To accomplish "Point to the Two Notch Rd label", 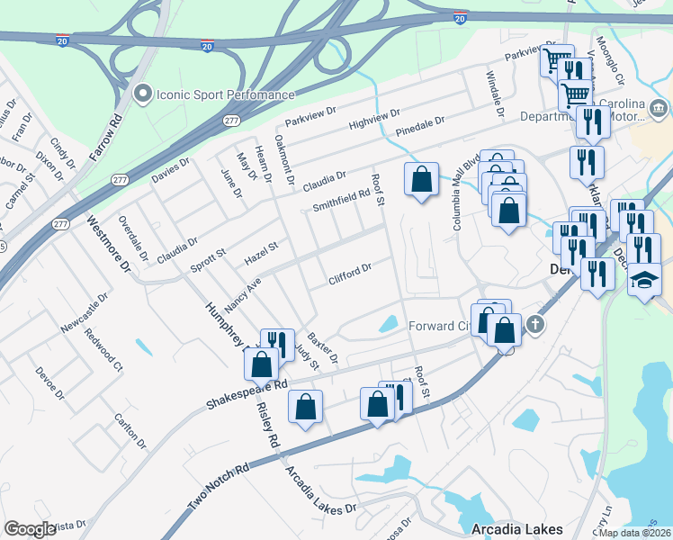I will click(218, 487).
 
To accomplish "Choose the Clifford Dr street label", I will click(350, 274).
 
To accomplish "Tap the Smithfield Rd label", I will click(341, 200).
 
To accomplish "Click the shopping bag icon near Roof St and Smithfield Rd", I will click(421, 180).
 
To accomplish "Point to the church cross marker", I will click(535, 324).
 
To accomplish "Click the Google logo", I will click(30, 529).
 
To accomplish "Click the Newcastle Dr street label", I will click(84, 310).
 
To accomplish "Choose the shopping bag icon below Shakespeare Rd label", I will click(306, 407).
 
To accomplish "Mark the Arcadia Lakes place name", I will click(517, 528).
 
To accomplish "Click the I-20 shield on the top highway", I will click(460, 17).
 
